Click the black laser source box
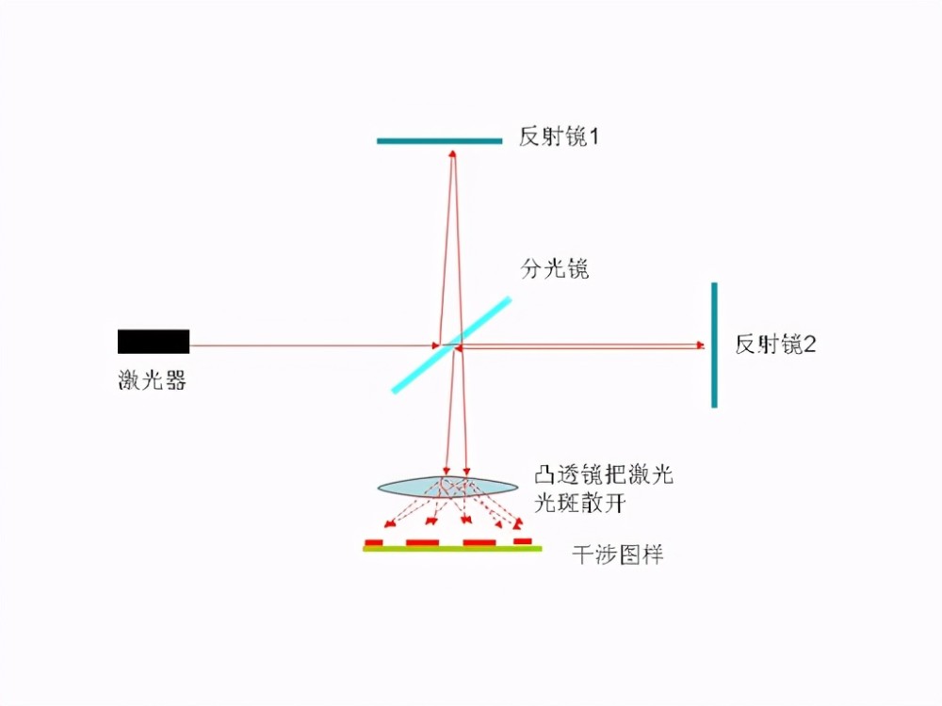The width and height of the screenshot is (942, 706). pos(154,342)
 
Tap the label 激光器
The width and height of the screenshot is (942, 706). pos(152,380)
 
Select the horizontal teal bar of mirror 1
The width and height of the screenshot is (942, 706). pos(439,141)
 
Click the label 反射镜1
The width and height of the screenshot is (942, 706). pos(559,136)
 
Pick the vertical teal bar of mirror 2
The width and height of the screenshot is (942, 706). pos(714,345)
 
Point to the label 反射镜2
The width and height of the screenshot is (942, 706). pos(775,345)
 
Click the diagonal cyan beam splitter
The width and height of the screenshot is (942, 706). pos(451,345)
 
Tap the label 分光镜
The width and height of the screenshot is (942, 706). pos(555,269)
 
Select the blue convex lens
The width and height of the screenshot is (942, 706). pos(447,487)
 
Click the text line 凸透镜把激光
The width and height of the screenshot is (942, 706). pos(604,474)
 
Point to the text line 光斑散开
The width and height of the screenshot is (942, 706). pos(579,503)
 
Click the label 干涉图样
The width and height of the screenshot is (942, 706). pos(618,554)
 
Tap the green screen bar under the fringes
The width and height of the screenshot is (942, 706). pos(452,549)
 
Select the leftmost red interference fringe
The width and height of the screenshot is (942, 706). pos(374,543)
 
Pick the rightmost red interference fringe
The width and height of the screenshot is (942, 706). pos(523,541)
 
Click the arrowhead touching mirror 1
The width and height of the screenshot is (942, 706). pos(452,154)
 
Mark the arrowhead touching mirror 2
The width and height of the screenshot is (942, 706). pos(700,345)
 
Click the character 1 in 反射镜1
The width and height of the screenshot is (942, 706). pos(593,137)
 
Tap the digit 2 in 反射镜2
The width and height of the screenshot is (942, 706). pos(810,345)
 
